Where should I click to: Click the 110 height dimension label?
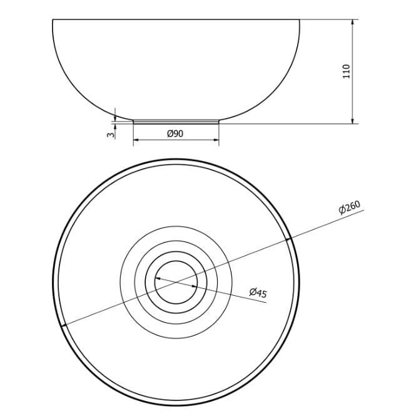(x=347, y=71)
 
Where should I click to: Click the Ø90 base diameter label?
(x=175, y=133)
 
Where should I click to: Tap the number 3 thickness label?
(x=111, y=135)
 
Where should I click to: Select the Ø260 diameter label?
(x=350, y=207)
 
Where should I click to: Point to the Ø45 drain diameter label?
(x=258, y=293)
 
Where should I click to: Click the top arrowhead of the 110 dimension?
(x=353, y=22)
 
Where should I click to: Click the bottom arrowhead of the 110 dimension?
(x=353, y=121)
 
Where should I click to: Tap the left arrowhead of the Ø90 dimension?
(x=136, y=140)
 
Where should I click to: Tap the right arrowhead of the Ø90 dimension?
(x=216, y=140)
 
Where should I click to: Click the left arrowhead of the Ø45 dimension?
(x=158, y=279)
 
